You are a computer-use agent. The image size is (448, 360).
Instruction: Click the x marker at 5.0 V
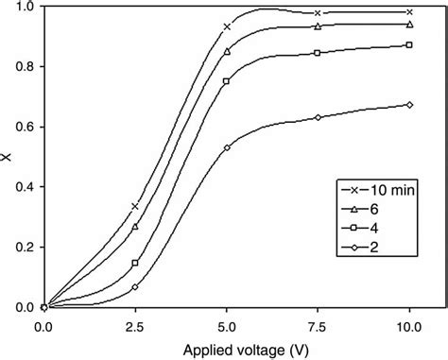click(x=227, y=26)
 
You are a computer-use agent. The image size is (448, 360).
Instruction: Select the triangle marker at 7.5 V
click(x=319, y=26)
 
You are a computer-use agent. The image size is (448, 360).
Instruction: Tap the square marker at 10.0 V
click(x=409, y=45)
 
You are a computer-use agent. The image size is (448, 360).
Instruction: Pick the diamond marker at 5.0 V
click(x=227, y=147)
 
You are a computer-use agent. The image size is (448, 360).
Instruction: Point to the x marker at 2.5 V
click(x=135, y=206)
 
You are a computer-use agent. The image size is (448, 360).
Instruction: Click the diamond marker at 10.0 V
click(x=409, y=105)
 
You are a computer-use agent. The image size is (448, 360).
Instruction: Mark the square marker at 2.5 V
click(x=135, y=264)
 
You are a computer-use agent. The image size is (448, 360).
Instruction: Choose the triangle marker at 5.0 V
click(x=227, y=51)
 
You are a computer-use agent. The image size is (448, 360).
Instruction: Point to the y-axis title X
click(x=9, y=158)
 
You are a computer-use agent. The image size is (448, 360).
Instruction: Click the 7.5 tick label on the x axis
click(x=319, y=324)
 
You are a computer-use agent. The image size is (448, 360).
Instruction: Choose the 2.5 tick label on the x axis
click(x=135, y=324)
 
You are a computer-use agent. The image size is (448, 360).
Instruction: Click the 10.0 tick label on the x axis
click(x=409, y=324)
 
